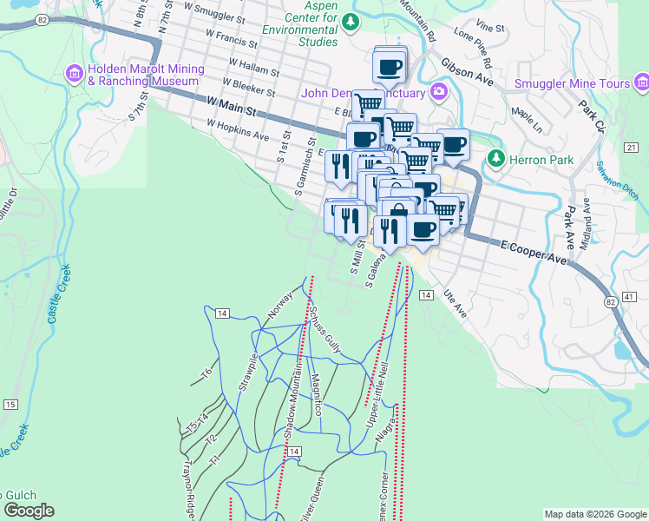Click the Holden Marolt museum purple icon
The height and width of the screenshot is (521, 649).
pos(74,75)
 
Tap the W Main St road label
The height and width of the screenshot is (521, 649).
pos(233,106)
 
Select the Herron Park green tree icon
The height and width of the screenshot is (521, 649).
pos(495,159)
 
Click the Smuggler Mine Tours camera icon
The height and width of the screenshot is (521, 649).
pos(641,83)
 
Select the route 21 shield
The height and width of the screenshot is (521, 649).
pos(630,148)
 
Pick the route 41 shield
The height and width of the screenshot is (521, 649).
pos(630,296)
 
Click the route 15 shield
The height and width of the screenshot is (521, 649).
pos(10,405)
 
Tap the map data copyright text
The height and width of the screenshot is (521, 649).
pos(594,514)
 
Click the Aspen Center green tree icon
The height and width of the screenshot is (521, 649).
pos(350,21)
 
